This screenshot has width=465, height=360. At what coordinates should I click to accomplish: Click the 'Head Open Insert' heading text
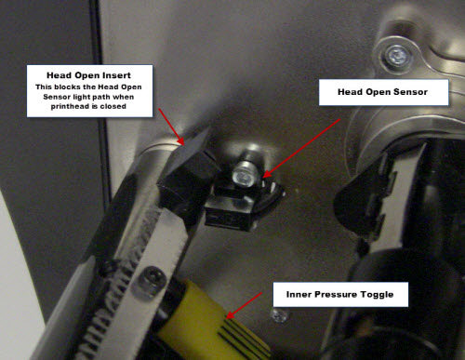(88, 75)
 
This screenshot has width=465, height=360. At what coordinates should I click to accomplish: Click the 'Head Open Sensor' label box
(384, 92)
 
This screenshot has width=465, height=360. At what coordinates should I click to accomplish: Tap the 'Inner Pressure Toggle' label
(340, 295)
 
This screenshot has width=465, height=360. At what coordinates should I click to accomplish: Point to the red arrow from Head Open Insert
(171, 127)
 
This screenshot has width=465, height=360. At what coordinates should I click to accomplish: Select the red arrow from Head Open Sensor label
(301, 148)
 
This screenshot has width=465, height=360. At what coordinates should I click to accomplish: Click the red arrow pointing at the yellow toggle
(244, 305)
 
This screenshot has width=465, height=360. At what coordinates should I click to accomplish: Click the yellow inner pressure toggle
(212, 321)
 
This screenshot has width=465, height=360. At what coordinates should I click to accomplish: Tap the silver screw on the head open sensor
(245, 175)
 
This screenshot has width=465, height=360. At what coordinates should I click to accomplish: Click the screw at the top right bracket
(396, 57)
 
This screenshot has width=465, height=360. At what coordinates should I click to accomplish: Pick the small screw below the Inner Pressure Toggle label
(280, 315)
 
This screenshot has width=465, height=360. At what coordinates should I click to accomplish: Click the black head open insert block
(187, 174)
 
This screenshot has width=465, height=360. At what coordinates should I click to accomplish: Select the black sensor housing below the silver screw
(231, 211)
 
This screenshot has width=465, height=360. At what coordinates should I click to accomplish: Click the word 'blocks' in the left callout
(68, 87)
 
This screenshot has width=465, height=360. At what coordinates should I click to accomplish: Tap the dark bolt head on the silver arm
(150, 281)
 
